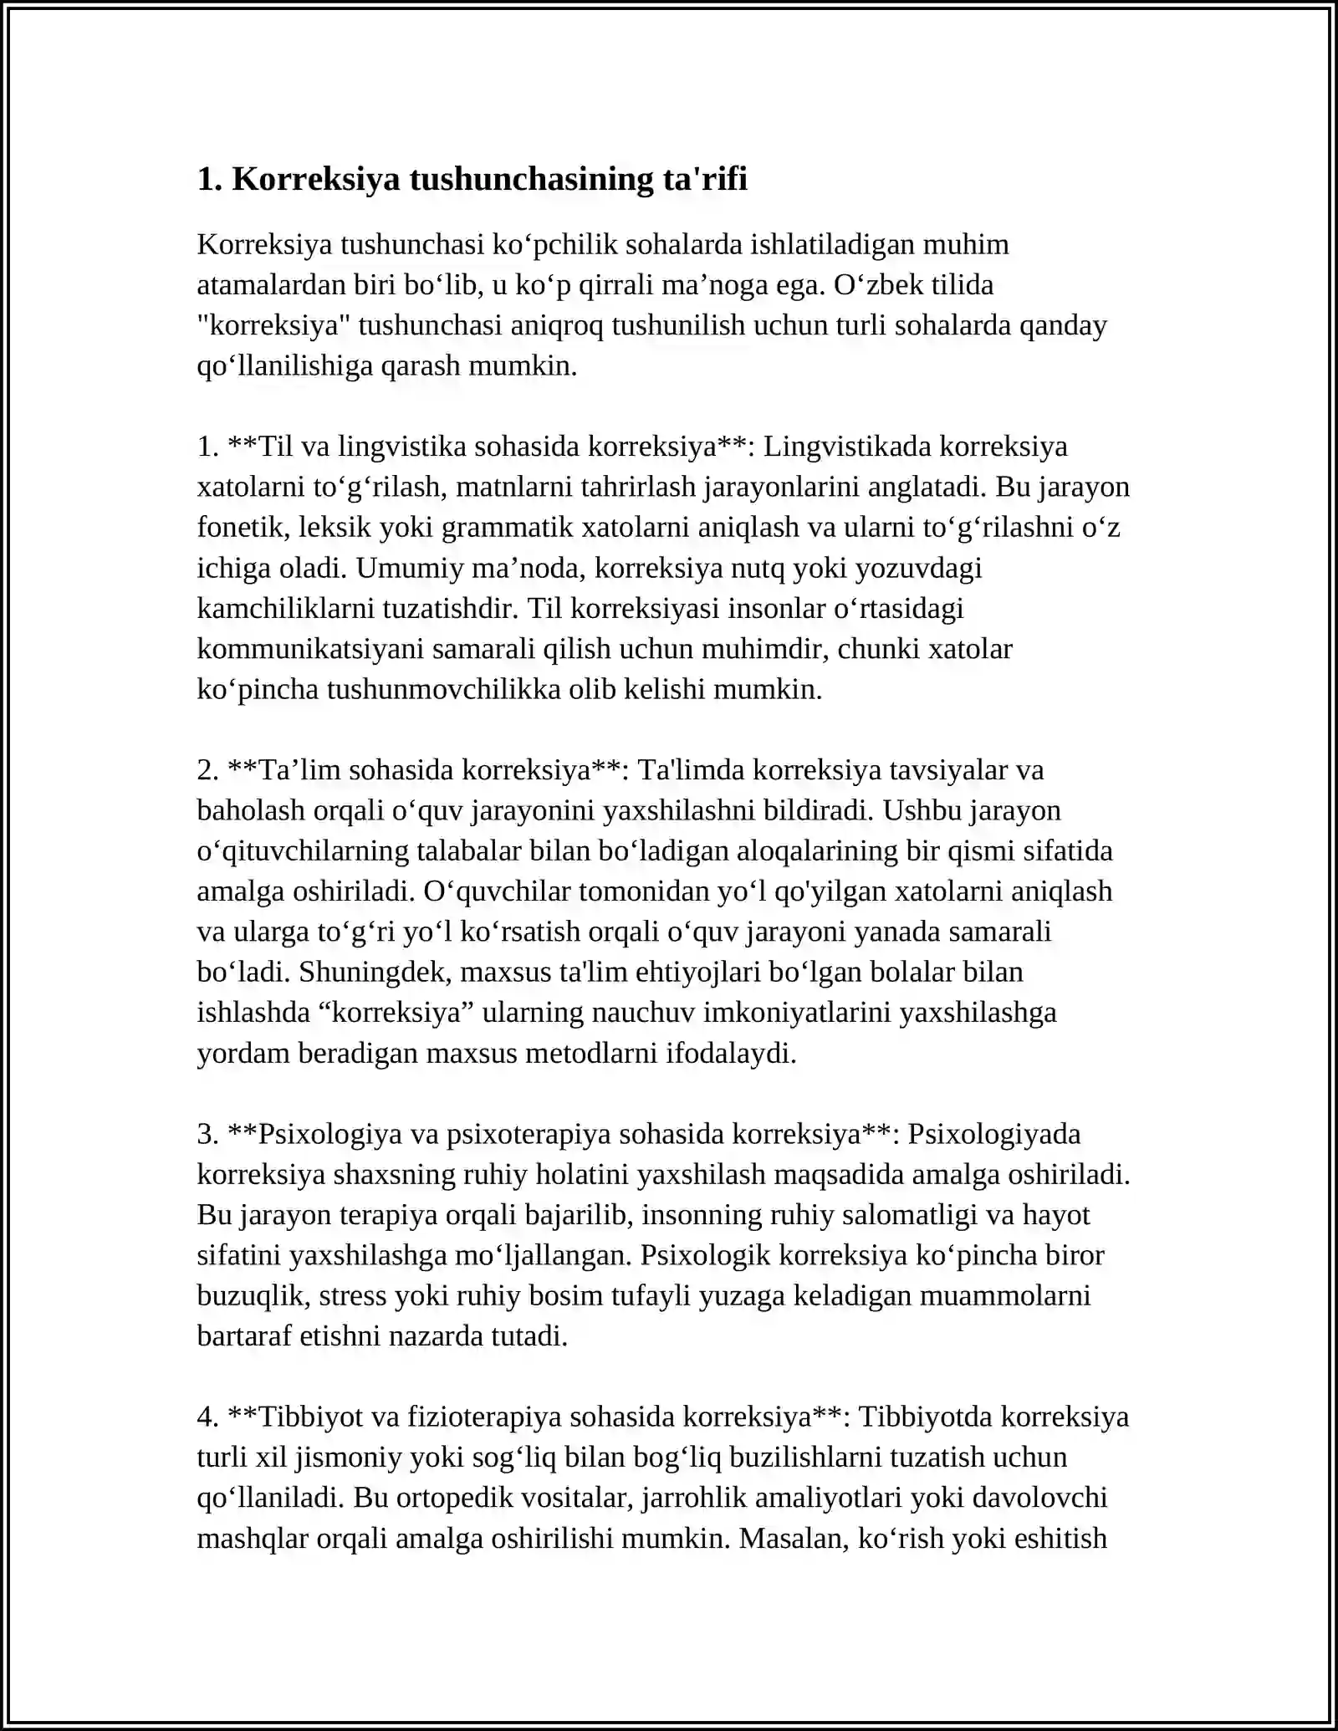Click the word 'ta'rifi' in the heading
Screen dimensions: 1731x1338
coord(705,179)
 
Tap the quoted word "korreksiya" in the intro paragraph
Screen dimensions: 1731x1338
coord(273,325)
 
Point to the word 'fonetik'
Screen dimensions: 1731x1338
coord(229,528)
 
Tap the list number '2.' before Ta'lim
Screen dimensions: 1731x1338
coord(208,770)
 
